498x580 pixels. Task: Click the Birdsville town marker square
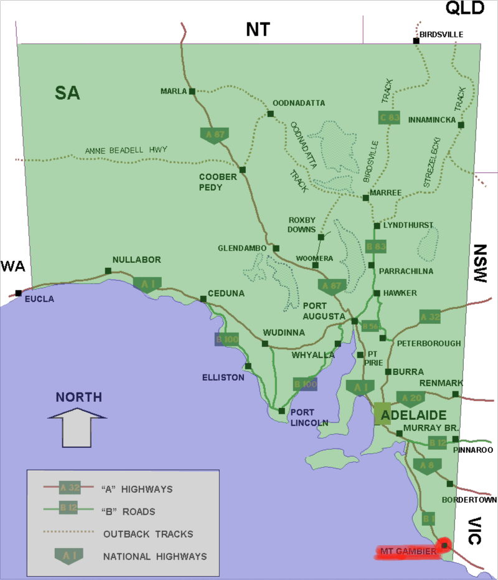click(416, 41)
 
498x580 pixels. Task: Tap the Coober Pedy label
click(218, 181)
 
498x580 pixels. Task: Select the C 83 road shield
click(389, 117)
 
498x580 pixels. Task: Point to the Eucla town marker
click(19, 293)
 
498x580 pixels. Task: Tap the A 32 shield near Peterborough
click(430, 317)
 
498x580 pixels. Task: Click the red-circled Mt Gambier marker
click(444, 546)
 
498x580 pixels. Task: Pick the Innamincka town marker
click(461, 125)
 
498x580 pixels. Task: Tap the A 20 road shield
click(413, 397)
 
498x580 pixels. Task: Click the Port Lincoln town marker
click(281, 411)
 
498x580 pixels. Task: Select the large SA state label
click(67, 93)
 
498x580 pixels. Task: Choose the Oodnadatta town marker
click(270, 113)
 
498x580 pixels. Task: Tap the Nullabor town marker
click(108, 270)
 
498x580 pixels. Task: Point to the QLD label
click(464, 8)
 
